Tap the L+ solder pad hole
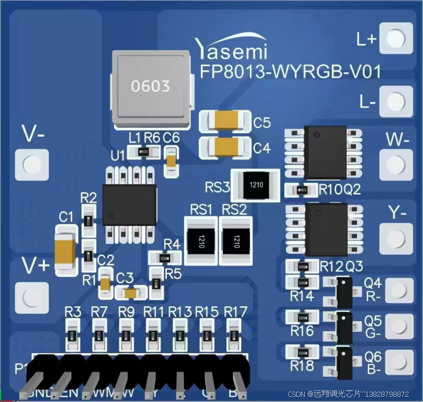tap(395, 38)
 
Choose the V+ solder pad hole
tap(31, 296)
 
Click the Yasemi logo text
tap(230, 49)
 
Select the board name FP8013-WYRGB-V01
tap(290, 72)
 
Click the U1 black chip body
tap(129, 205)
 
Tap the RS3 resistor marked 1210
tap(255, 185)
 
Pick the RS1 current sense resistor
tap(202, 240)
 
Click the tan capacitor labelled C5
tap(226, 121)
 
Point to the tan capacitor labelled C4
tap(226, 147)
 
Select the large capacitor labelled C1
tap(65, 251)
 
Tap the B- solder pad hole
tap(395, 362)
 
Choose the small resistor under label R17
tap(234, 334)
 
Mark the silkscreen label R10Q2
tap(340, 189)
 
